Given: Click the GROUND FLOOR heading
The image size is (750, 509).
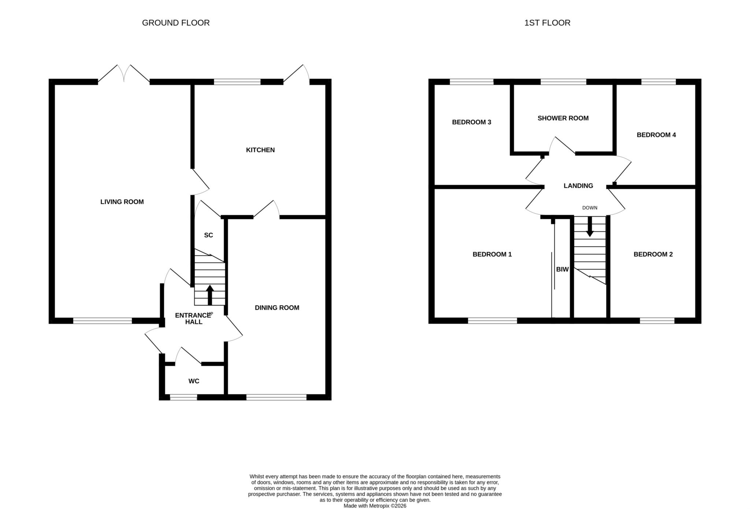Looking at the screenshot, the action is tap(176, 23).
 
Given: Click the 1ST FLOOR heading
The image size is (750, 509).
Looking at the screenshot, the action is tap(547, 23).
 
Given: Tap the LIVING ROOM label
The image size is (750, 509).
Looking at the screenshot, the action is tap(122, 202).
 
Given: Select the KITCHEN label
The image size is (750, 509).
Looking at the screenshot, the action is tap(260, 150).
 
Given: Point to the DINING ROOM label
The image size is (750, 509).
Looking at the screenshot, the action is tap(277, 308).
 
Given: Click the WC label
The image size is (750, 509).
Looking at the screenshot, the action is tap(194, 381).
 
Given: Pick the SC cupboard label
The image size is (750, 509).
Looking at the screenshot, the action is tap(208, 235).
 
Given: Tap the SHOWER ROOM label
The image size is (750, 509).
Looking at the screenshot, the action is tap(563, 118).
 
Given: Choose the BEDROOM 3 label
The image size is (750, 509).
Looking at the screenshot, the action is tap(472, 122).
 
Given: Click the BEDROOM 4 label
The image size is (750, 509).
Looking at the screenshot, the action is tap(656, 135).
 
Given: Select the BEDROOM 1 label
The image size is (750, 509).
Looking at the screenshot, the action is tap(492, 254).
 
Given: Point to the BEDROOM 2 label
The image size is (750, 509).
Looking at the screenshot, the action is tap(653, 254).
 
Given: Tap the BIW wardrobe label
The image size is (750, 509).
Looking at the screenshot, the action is tap(562, 270).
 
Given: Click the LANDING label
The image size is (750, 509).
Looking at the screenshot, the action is tap(578, 186).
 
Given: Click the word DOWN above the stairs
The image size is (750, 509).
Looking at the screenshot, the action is tap(590, 208).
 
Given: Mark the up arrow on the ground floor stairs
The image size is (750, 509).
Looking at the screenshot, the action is tap(210, 295).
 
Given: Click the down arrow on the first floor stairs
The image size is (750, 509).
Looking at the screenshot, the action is tap(590, 227).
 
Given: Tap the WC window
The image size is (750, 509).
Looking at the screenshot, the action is tap(183, 397).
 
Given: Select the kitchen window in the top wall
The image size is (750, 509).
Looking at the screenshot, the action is tap(237, 82).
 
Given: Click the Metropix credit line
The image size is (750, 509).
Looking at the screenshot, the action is tap(375, 506).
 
